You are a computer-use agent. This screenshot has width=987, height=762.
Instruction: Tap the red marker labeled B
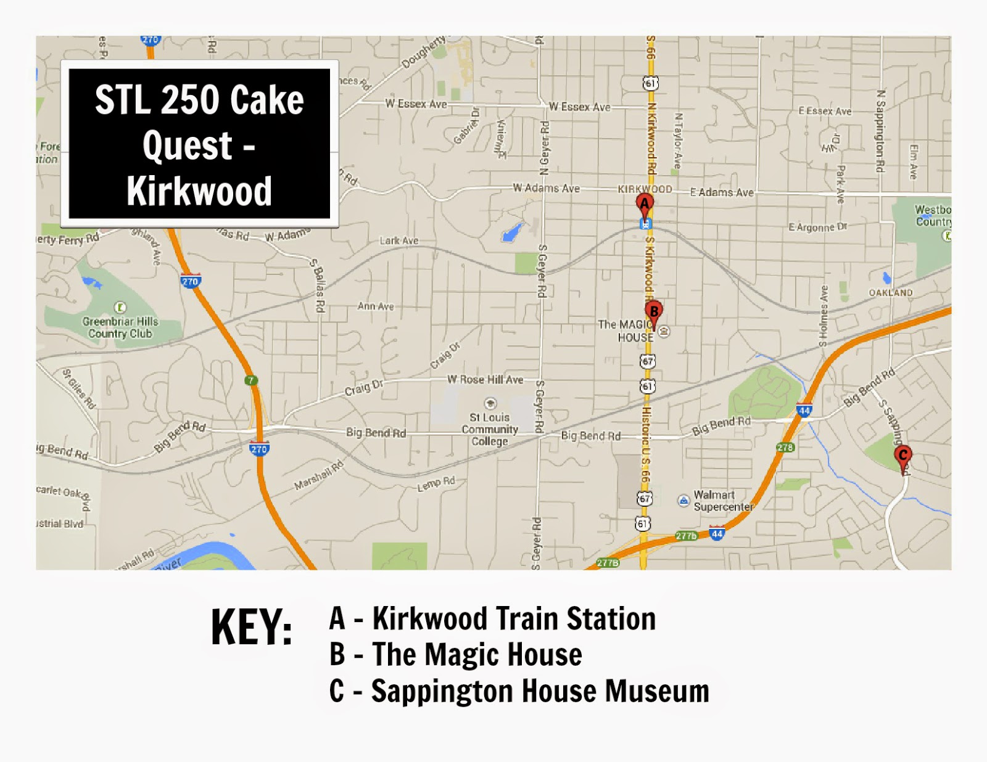coord(654,311)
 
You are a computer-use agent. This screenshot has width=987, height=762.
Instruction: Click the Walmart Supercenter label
coord(722,501)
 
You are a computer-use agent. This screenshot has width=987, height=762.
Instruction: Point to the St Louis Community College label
coord(490,429)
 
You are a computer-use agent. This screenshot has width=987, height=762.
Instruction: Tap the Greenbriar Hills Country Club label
coord(120,327)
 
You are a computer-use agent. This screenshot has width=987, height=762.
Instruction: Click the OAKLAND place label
coord(891,292)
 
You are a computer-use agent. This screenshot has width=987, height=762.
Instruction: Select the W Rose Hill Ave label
coord(485,380)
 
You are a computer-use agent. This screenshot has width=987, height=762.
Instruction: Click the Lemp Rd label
coord(436,484)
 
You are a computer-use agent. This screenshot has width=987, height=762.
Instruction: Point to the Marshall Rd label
coord(318,476)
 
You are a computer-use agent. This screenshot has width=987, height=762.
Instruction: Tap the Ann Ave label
coord(376,306)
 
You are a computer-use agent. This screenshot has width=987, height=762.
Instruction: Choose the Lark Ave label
coord(399,240)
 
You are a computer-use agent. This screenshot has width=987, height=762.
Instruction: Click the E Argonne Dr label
coord(818,227)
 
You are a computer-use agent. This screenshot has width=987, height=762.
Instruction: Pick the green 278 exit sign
coord(785,447)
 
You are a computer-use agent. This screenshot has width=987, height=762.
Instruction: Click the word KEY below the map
coord(251,628)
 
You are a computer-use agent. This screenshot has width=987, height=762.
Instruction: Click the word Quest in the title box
coord(188,145)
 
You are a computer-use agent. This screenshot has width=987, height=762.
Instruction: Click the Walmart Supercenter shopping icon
coord(683,500)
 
